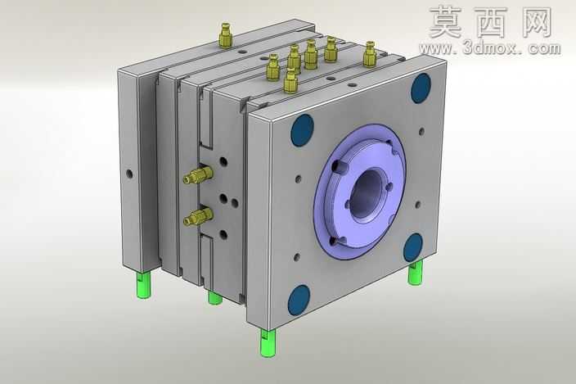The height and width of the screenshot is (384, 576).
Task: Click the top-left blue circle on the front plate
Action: pyautogui.click(x=303, y=129)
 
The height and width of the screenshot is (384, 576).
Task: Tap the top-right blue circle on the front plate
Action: pyautogui.click(x=421, y=88)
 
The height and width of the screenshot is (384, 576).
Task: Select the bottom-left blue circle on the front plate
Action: pyautogui.click(x=299, y=300)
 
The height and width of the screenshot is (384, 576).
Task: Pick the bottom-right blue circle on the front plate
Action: pyautogui.click(x=413, y=247)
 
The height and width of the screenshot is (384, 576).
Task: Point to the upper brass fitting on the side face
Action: pyautogui.click(x=198, y=174)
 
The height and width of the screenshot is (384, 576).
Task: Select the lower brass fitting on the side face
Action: pyautogui.click(x=198, y=216)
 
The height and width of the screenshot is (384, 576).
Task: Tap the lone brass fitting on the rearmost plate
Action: pyautogui.click(x=226, y=35)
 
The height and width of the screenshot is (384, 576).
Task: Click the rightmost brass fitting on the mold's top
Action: pyautogui.click(x=370, y=54)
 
